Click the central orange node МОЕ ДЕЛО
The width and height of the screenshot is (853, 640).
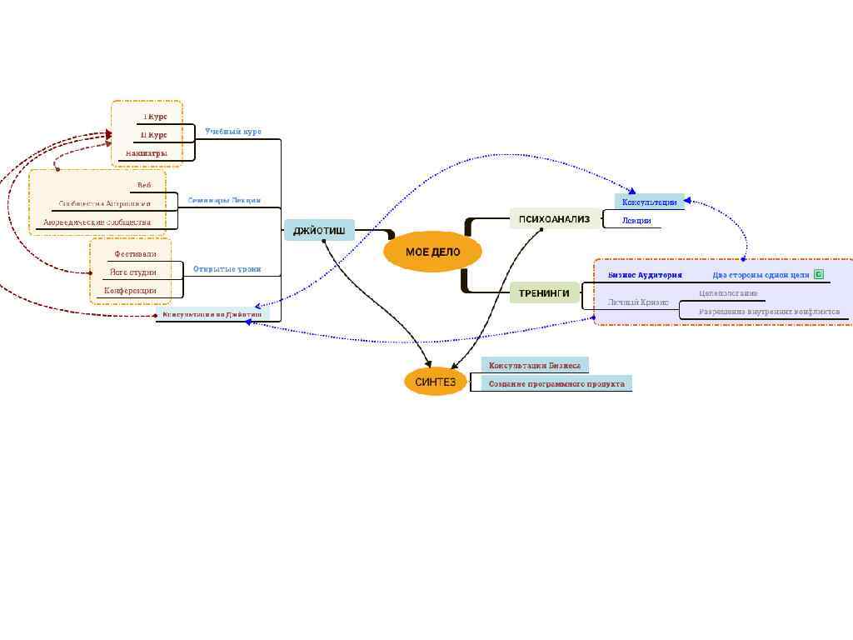tap(432, 252)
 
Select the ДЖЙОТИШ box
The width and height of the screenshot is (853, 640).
tap(319, 231)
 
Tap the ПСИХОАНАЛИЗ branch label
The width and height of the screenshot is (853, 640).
tap(554, 219)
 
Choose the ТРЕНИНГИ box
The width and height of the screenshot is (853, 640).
tap(544, 292)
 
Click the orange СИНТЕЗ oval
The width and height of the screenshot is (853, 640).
tap(436, 382)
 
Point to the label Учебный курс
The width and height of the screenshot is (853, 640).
tap(233, 132)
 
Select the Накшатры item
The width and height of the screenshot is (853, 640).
tap(147, 153)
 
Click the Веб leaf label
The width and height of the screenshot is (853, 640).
tap(144, 185)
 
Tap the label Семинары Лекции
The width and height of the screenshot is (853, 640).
tap(224, 200)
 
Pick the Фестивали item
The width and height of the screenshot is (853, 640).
tap(135, 253)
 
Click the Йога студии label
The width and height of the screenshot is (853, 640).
tap(133, 272)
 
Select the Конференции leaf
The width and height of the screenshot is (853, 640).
tap(130, 291)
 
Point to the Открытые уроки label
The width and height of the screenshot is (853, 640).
tap(227, 269)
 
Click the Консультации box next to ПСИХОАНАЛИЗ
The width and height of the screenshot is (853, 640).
tap(650, 202)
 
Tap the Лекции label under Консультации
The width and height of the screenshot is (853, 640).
tap(636, 221)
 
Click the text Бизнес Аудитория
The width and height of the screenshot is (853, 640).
tap(645, 275)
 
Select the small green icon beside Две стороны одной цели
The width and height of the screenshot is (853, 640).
tap(819, 274)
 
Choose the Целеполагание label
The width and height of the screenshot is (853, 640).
tap(728, 293)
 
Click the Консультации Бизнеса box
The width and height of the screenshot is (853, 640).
tap(535, 365)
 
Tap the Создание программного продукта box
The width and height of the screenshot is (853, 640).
tap(556, 383)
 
